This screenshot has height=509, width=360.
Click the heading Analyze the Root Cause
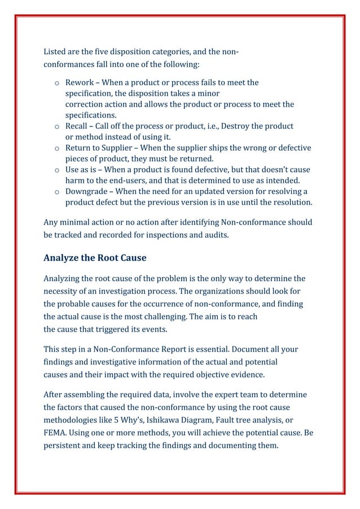coord(95,258)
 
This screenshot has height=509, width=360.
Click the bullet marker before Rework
coord(58,84)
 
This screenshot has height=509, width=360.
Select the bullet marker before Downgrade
coord(58,192)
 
